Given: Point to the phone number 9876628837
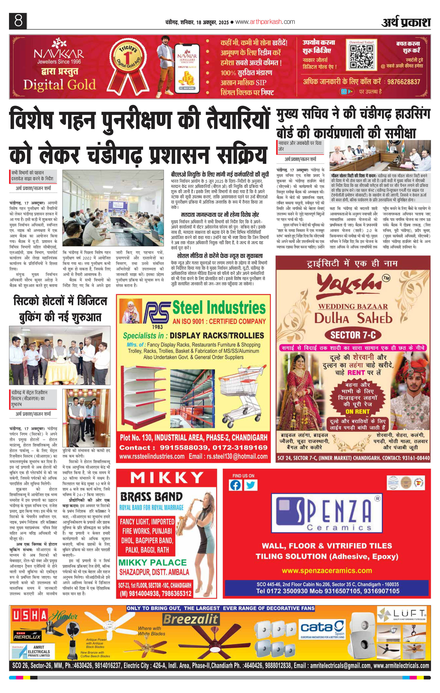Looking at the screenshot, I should pos(404,82).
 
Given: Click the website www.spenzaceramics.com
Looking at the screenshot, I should pos(327,570).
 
